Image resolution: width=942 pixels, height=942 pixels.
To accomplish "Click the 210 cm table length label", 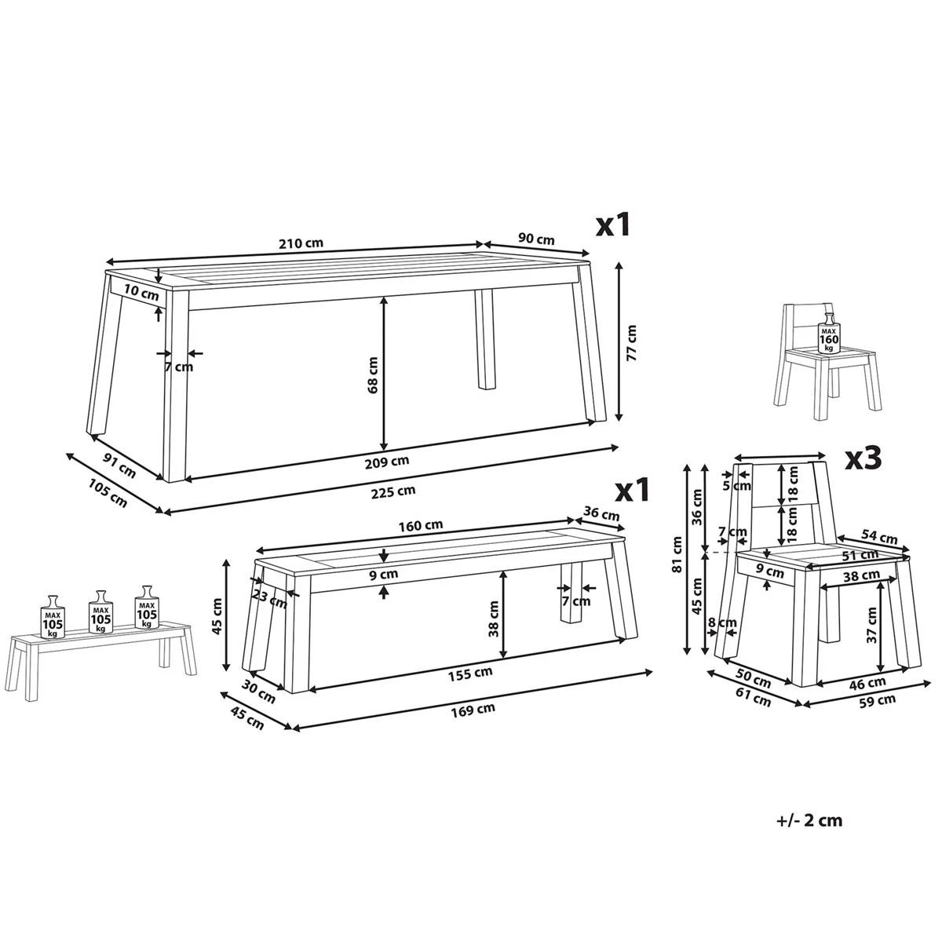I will (x=301, y=243).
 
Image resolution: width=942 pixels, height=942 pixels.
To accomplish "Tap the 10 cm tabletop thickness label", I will (x=141, y=294).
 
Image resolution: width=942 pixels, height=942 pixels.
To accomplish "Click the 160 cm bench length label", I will (x=420, y=525).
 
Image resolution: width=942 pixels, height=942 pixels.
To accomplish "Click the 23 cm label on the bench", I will (x=269, y=597).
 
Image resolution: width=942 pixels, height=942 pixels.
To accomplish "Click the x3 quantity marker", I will (x=863, y=458).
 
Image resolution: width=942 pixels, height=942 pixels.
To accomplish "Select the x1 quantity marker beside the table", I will (x=613, y=225).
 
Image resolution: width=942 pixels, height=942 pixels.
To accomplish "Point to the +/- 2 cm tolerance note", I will (x=809, y=820).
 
